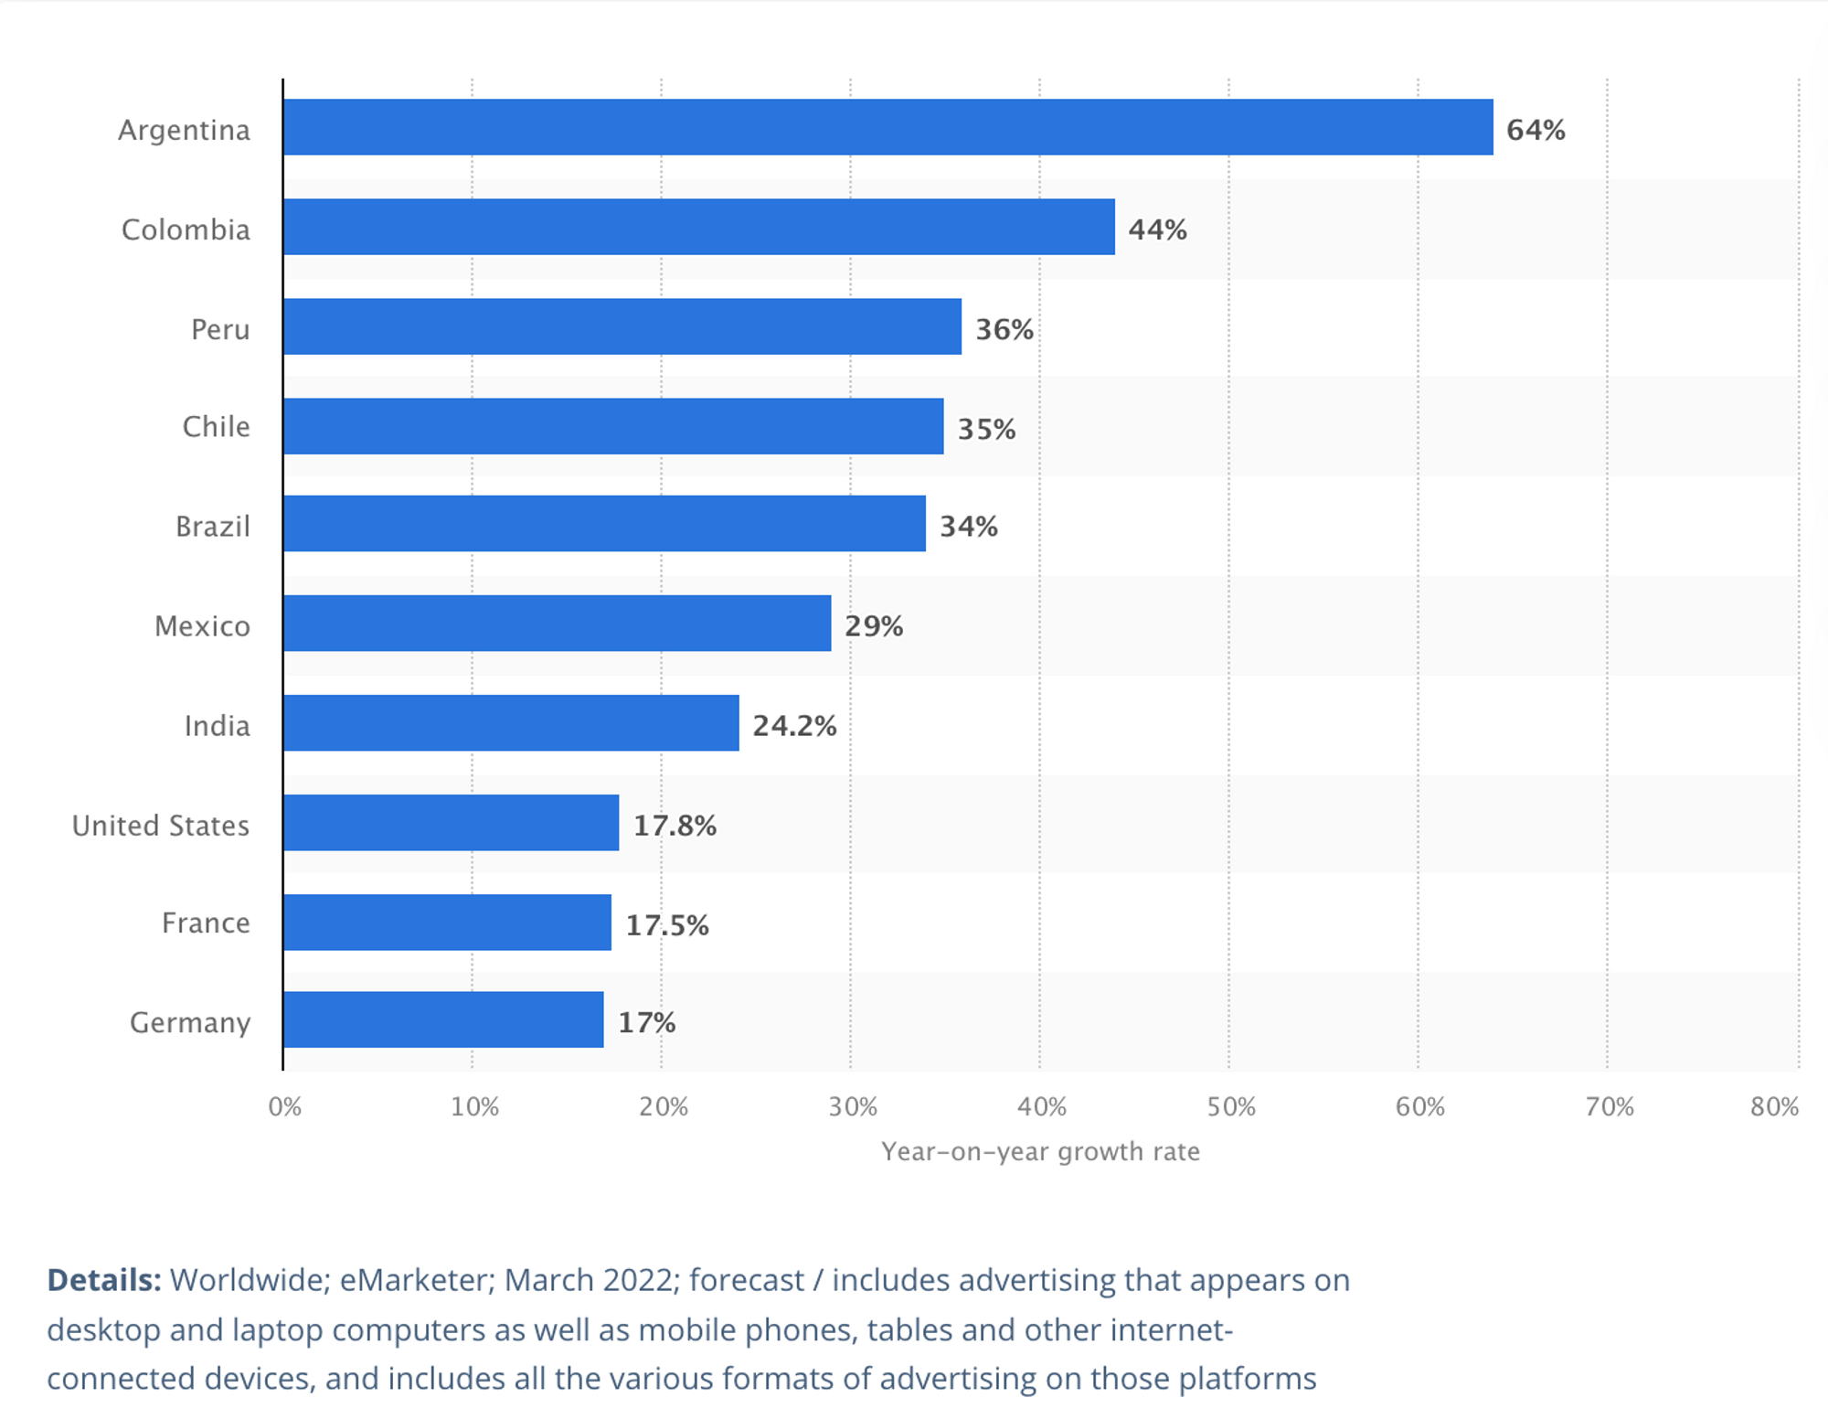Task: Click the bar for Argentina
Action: coord(887,127)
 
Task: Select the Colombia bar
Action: coord(698,227)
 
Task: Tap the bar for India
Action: coord(511,723)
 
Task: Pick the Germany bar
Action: coord(443,1019)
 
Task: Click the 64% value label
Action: coord(1536,130)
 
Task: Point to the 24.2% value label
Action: coord(794,726)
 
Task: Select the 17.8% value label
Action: coord(675,826)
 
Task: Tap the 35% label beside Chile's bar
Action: coord(986,429)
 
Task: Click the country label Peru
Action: coord(220,329)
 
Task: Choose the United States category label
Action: coord(161,826)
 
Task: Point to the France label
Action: coord(206,923)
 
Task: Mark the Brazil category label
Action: coord(212,527)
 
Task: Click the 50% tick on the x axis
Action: coord(1230,1107)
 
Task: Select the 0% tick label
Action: coord(284,1107)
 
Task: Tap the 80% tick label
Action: coord(1774,1107)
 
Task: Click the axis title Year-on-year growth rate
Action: coord(1040,1151)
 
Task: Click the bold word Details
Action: coord(104,1280)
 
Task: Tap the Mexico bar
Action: coord(557,624)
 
